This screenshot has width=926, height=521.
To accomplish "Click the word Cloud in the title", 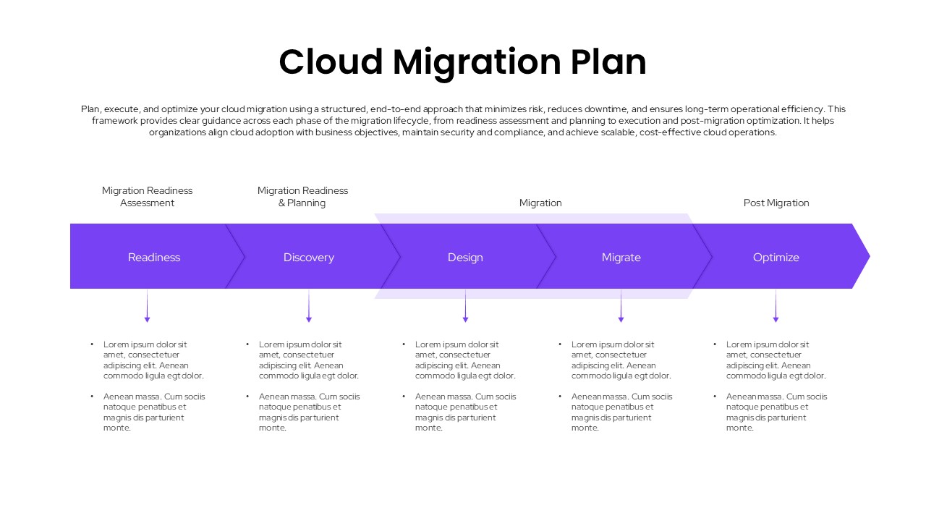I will pos(331,62).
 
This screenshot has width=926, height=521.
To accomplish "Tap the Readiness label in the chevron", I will pos(154,258).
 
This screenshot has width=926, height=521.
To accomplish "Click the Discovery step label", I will pos(309,258).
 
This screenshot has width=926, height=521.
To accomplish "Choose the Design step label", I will pos(465,258).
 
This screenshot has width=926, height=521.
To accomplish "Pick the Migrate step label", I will pos(621,258).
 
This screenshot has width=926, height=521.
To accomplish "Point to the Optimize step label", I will pos(776,258).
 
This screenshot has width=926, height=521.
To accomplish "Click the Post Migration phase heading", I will pos(776,203).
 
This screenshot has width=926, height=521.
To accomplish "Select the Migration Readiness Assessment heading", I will pos(148,197).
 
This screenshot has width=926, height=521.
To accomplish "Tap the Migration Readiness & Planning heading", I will pos(302,197).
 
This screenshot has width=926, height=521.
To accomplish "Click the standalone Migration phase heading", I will pos(540,203).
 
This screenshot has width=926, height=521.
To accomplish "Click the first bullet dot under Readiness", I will pos(92,344).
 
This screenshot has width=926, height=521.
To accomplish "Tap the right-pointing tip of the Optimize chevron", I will pos(867,256).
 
